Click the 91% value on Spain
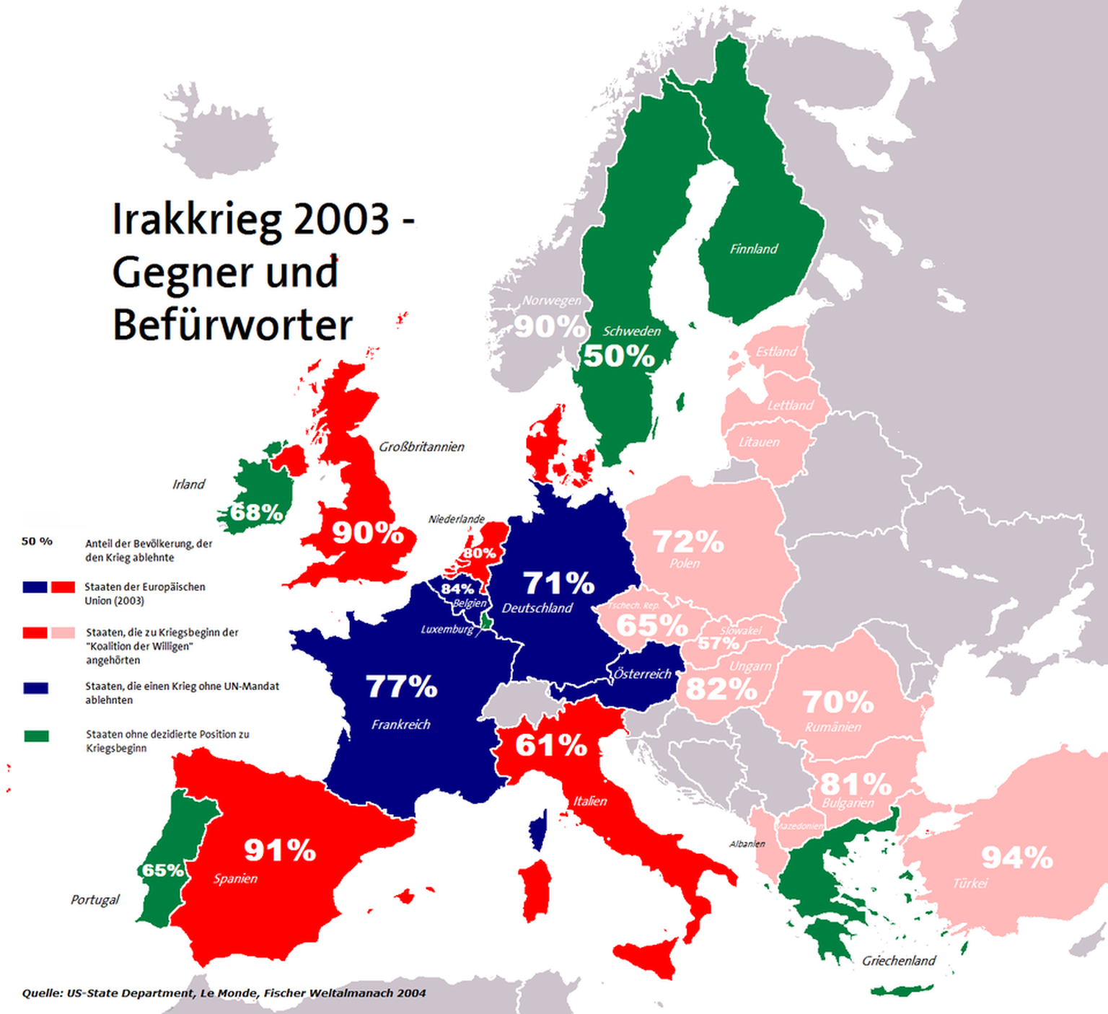pyautogui.click(x=280, y=850)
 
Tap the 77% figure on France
pyautogui.click(x=401, y=687)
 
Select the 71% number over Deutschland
pyautogui.click(x=558, y=583)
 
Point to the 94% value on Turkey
pyautogui.click(x=1017, y=858)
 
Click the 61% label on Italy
pyautogui.click(x=551, y=745)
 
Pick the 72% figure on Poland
pyautogui.click(x=687, y=542)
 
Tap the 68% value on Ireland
pyautogui.click(x=256, y=512)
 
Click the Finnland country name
pyautogui.click(x=754, y=249)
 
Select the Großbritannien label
pyautogui.click(x=421, y=447)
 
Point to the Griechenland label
pyautogui.click(x=899, y=961)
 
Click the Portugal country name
pyautogui.click(x=94, y=899)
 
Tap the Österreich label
pyautogui.click(x=642, y=674)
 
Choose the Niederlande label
pyautogui.click(x=456, y=519)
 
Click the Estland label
pyautogui.click(x=776, y=352)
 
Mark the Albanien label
pyautogui.click(x=747, y=844)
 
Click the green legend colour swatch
pyautogui.click(x=36, y=736)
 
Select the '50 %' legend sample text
pyautogui.click(x=37, y=541)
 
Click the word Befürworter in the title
pyautogui.click(x=232, y=325)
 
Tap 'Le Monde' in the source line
pyautogui.click(x=228, y=993)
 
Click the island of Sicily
pyautogui.click(x=649, y=956)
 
